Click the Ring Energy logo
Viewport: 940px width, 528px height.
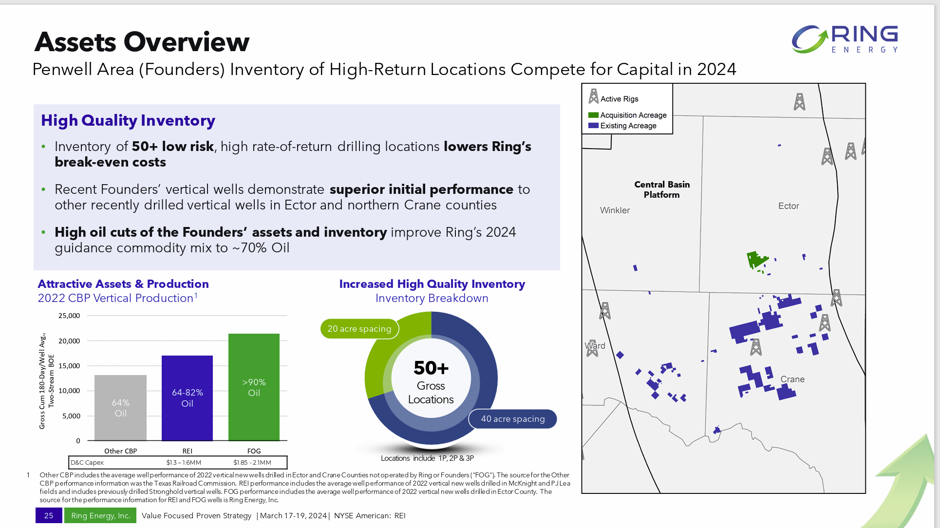pyautogui.click(x=845, y=39)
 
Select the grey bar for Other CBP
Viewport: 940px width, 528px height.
pyautogui.click(x=120, y=408)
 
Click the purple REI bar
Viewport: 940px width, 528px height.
pyautogui.click(x=187, y=398)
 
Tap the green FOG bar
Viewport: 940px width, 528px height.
pyautogui.click(x=254, y=387)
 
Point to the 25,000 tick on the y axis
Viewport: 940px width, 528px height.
pyautogui.click(x=69, y=316)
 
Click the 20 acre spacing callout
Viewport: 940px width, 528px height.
pyautogui.click(x=359, y=329)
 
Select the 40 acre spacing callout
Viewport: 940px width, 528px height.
pyautogui.click(x=512, y=419)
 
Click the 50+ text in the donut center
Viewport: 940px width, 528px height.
pyautogui.click(x=431, y=368)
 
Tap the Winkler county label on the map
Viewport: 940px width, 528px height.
pyautogui.click(x=615, y=210)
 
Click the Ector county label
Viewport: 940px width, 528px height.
pyautogui.click(x=789, y=206)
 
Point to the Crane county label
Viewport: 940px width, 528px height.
pyautogui.click(x=792, y=379)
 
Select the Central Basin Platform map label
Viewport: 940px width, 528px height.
pyautogui.click(x=662, y=189)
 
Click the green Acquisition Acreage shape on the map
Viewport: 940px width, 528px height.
pyautogui.click(x=755, y=259)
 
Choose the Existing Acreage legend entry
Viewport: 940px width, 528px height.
pyautogui.click(x=628, y=126)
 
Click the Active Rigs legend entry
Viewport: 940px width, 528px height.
pyautogui.click(x=619, y=99)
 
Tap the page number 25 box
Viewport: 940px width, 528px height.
pyautogui.click(x=49, y=515)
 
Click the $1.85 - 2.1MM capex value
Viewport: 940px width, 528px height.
pyautogui.click(x=252, y=462)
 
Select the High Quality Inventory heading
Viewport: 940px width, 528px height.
pyautogui.click(x=128, y=120)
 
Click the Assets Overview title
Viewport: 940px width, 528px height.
pyautogui.click(x=142, y=42)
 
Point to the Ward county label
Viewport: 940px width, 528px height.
pyautogui.click(x=595, y=346)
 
